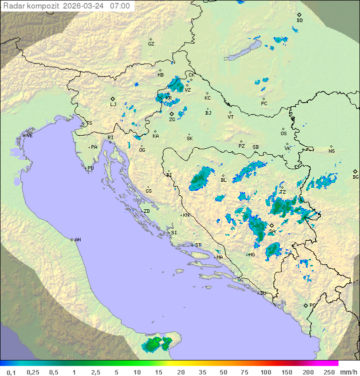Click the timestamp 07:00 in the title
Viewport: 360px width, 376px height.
(120, 6)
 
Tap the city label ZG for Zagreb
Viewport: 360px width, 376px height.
(172, 120)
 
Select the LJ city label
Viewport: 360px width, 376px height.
(113, 105)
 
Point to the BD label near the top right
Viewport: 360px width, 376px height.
(299, 21)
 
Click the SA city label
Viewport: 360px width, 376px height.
(272, 232)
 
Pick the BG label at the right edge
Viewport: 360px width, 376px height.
(355, 177)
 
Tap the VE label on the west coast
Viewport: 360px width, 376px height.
(29, 136)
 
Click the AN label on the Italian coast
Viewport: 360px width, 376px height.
(77, 240)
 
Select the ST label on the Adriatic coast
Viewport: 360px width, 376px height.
(198, 245)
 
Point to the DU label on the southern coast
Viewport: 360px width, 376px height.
(262, 293)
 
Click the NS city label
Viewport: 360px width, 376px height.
(331, 151)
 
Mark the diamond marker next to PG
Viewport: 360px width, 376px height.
(305, 305)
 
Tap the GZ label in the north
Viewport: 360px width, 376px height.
(151, 44)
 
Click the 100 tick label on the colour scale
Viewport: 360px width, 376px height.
(265, 372)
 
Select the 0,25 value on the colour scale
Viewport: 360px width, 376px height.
(33, 372)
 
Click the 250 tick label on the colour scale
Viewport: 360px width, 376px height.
(329, 372)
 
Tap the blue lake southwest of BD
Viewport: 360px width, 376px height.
(242, 51)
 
